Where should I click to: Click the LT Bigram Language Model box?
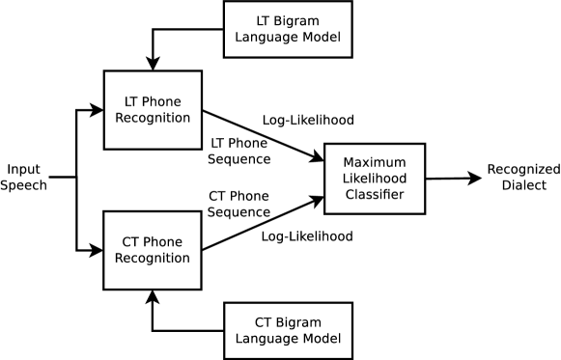pyautogui.click(x=287, y=29)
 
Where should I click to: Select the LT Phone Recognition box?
pyautogui.click(x=153, y=109)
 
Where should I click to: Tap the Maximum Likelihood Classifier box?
pyautogui.click(x=374, y=179)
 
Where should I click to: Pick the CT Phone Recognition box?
pyautogui.click(x=153, y=250)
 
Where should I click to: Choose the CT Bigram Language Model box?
pyautogui.click(x=287, y=330)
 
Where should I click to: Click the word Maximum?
pyautogui.click(x=374, y=161)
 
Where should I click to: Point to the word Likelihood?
pyautogui.click(x=374, y=179)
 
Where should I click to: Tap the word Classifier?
pyautogui.click(x=374, y=196)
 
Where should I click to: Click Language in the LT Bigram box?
pyautogui.click(x=266, y=39)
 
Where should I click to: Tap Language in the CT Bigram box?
pyautogui.click(x=266, y=340)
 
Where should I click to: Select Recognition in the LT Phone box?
pyautogui.click(x=153, y=118)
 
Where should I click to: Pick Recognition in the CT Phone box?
pyautogui.click(x=153, y=259)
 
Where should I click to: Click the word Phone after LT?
pyautogui.click(x=162, y=100)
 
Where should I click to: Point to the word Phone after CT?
pyautogui.click(x=163, y=241)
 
